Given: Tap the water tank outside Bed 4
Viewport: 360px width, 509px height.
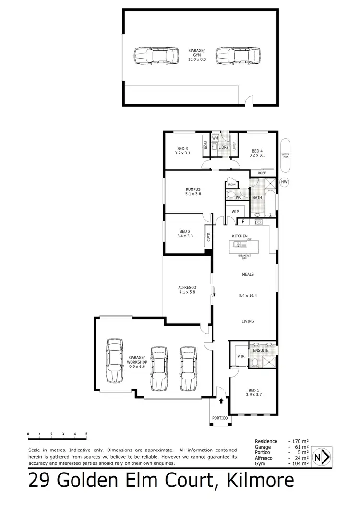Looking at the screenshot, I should coord(286,155).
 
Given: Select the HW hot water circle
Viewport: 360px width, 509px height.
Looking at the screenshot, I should coord(284,182).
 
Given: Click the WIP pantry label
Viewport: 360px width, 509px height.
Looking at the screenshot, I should coord(235,211).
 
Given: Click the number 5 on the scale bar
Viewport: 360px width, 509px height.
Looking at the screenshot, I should coord(86,434).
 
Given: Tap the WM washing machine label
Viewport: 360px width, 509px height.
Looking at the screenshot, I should coord(215,138).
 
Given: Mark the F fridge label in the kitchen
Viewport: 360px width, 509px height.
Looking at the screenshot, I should coord(243,222).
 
